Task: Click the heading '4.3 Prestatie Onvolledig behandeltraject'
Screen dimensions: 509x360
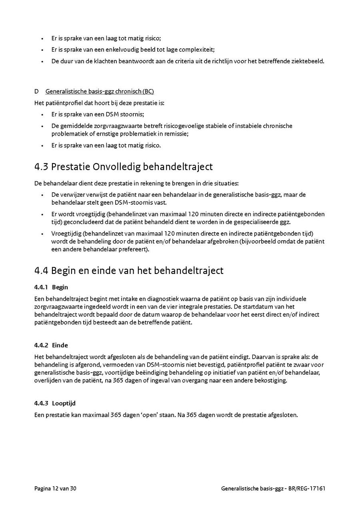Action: tap(124, 167)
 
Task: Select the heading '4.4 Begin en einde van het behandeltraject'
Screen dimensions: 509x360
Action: tap(129, 270)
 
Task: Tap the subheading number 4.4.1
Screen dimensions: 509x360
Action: tap(41, 287)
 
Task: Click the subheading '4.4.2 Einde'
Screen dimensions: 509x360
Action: tap(51, 345)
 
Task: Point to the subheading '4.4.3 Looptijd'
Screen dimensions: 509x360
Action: tap(55, 403)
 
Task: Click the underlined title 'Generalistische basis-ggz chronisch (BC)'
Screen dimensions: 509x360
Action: tap(100, 92)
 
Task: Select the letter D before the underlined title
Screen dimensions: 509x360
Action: tap(37, 92)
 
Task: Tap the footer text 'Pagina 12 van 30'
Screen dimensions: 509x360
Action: tap(55, 488)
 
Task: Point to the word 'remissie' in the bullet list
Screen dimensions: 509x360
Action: tap(176, 134)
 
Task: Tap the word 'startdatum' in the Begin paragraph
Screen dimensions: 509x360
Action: tap(261, 307)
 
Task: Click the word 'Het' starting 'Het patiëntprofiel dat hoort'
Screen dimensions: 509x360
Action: tap(39, 103)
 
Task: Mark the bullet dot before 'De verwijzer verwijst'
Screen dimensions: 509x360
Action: tap(42, 195)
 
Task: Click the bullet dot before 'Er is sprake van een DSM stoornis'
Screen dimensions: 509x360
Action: tap(42, 114)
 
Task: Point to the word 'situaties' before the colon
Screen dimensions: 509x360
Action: tap(227, 184)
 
